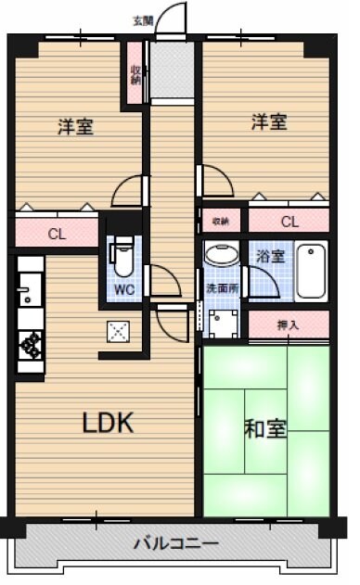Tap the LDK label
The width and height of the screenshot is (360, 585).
(109, 424)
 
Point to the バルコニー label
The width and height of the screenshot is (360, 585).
(175, 543)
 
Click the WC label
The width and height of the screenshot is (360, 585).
(123, 288)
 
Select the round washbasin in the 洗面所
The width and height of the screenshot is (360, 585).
(222, 256)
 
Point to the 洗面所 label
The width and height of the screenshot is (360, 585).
(221, 288)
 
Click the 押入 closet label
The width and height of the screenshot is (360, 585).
(289, 324)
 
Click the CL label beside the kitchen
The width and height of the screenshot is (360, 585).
(57, 234)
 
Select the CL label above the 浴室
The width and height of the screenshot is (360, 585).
(289, 222)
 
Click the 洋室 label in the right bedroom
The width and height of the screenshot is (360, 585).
(267, 121)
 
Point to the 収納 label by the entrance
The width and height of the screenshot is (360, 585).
(135, 74)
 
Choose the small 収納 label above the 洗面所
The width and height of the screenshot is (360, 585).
(220, 222)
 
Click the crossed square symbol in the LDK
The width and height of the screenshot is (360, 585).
(118, 330)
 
